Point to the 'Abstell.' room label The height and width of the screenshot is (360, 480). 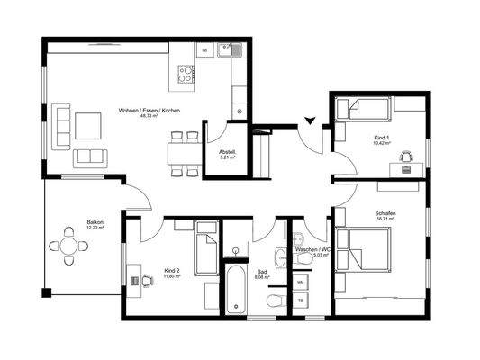(227, 152)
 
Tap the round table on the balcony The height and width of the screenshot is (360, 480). (68, 244)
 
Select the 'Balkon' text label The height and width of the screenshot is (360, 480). (95, 221)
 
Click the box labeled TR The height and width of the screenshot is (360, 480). (301, 301)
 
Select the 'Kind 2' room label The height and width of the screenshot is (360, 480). (171, 271)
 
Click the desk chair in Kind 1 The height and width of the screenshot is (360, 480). (404, 157)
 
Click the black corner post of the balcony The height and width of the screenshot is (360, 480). (46, 293)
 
